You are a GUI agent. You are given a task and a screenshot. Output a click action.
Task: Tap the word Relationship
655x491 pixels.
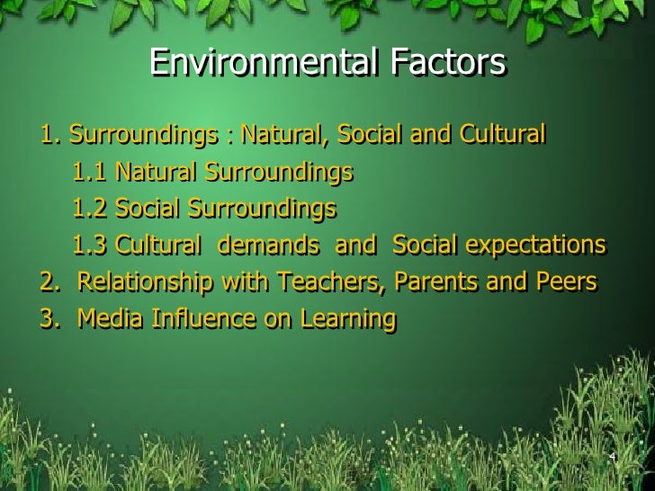[147, 282]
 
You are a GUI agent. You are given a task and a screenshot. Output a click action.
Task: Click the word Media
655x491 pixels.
[105, 319]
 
